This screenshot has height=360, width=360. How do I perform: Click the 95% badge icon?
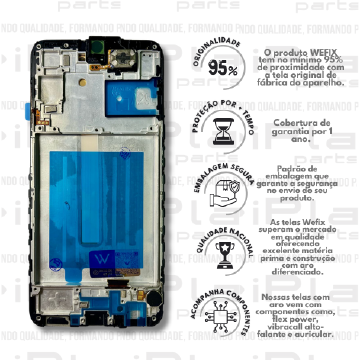tap(222, 71)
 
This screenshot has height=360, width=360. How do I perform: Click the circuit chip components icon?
tap(222, 318)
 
